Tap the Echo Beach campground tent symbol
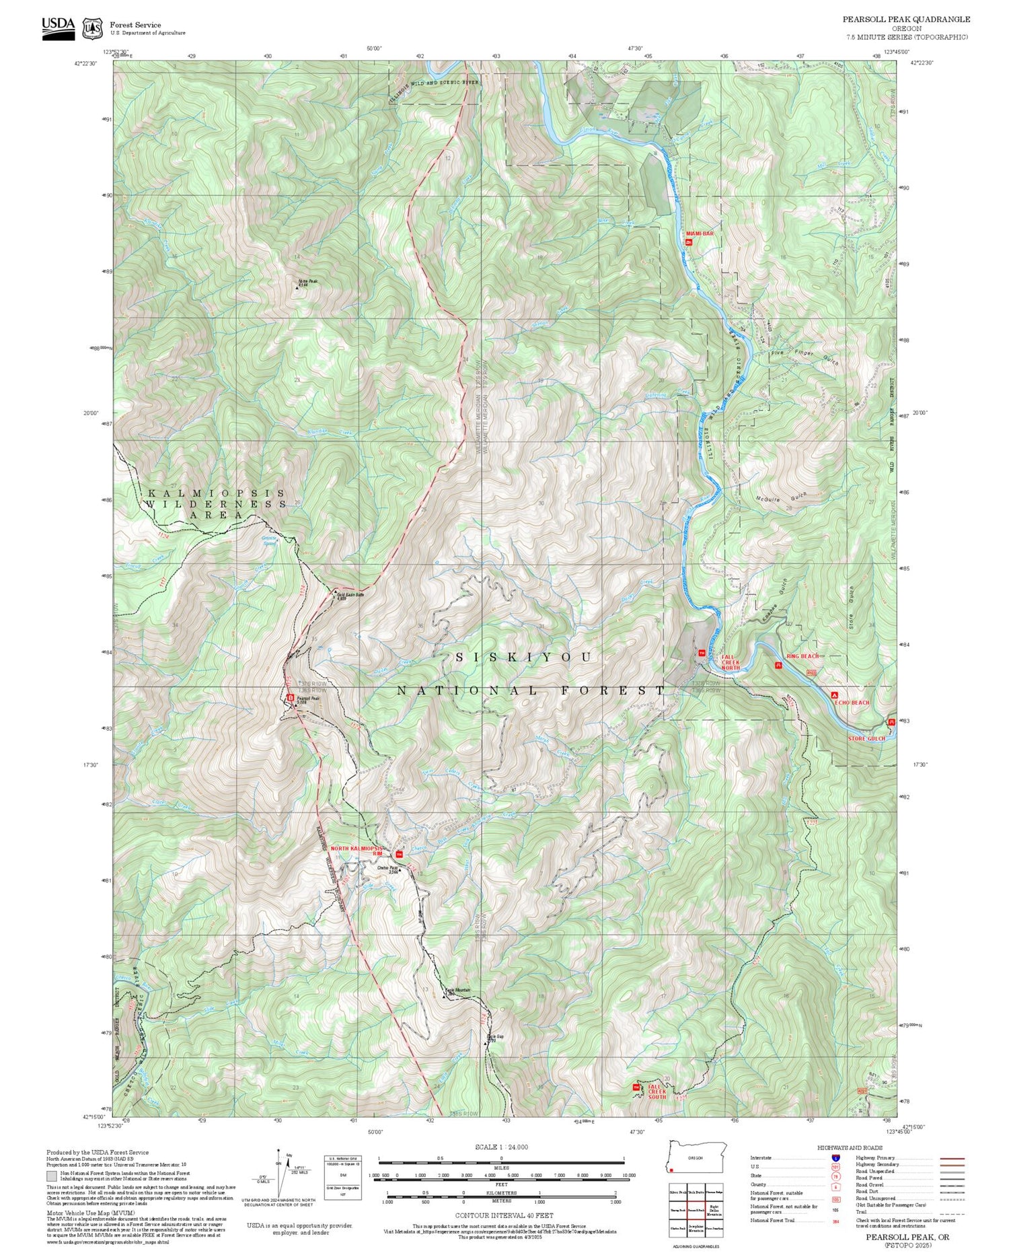[x=835, y=694]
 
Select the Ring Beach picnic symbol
[x=778, y=666]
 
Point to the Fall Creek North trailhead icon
[x=702, y=652]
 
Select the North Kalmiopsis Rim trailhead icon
[x=398, y=855]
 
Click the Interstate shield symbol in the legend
[x=835, y=1157]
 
